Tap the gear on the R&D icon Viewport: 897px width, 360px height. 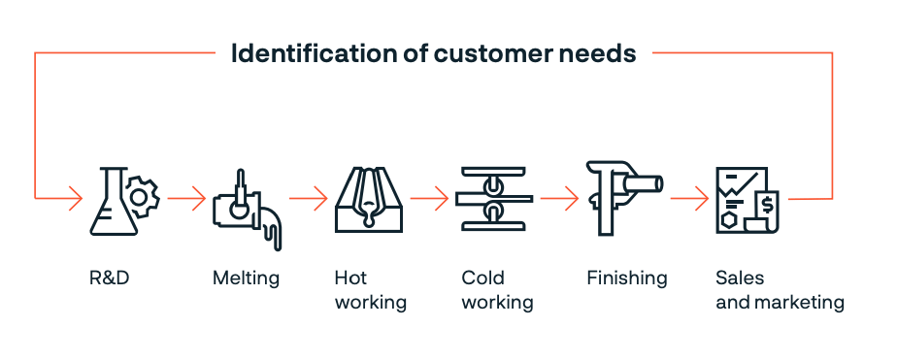(x=143, y=197)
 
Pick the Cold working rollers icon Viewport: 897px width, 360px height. (x=494, y=200)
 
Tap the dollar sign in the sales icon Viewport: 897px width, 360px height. (x=767, y=204)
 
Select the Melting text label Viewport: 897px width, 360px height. (x=246, y=278)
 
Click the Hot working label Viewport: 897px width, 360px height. (x=370, y=290)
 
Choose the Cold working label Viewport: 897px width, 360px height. (x=497, y=290)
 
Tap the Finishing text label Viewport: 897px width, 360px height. (x=627, y=278)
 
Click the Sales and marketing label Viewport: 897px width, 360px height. (x=780, y=290)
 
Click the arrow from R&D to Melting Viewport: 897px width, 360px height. (x=185, y=199)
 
